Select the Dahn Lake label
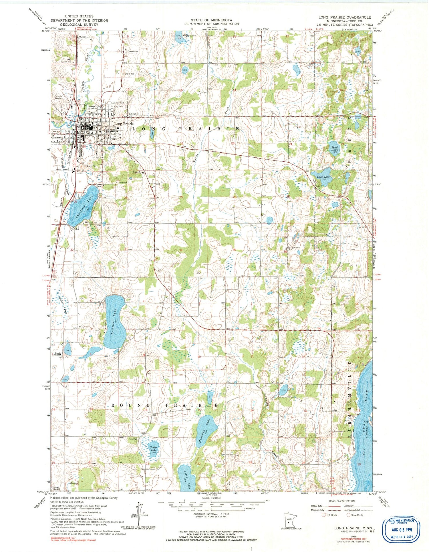click(323, 177)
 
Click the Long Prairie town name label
click(124, 124)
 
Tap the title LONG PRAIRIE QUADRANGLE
click(344, 17)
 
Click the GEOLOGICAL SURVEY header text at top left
click(79, 25)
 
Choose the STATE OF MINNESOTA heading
click(212, 20)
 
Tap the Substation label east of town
click(134, 114)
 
